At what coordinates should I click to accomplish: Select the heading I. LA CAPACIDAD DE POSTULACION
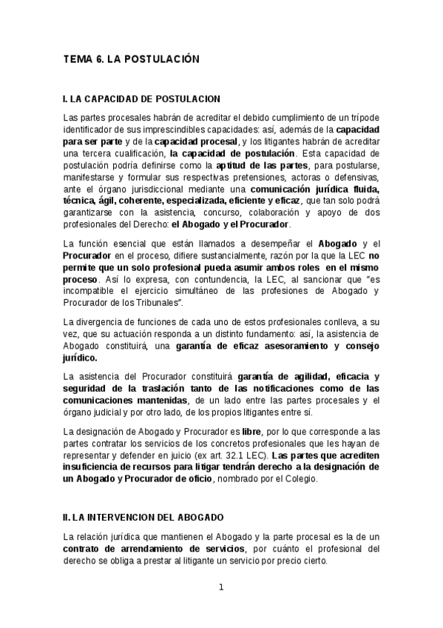point(141,98)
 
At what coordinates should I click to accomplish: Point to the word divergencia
point(105,321)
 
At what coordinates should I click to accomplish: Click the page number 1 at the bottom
point(220,589)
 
